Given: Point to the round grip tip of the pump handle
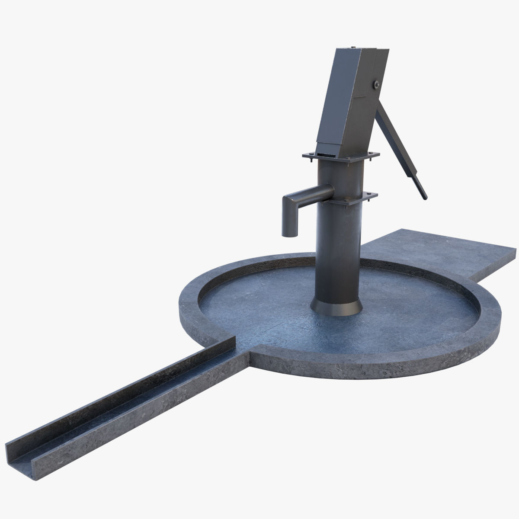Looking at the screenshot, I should click(424, 195).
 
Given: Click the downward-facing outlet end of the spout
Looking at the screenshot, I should click(289, 234).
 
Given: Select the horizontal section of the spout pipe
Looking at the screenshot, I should click(312, 192).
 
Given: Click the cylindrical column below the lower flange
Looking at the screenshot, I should click(336, 251).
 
